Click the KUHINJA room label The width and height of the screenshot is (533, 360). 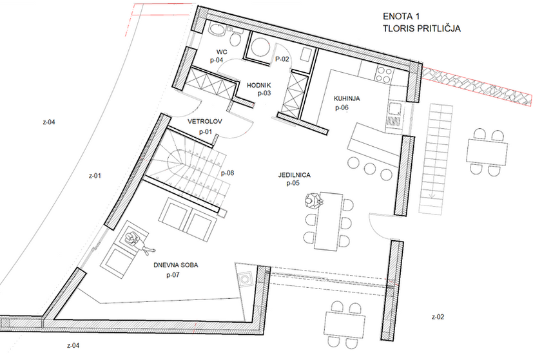click(347, 99)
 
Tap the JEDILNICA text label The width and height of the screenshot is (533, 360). click(295, 175)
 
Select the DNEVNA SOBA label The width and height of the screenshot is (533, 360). click(176, 265)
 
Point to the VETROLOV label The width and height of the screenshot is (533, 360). click(205, 122)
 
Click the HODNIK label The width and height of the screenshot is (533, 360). click(259, 85)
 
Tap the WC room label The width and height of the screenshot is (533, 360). click(222, 52)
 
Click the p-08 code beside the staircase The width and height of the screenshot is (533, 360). click(228, 173)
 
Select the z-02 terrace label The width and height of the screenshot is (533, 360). click(438, 317)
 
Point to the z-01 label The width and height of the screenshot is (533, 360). click(95, 176)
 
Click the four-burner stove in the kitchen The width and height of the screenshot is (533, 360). click(384, 74)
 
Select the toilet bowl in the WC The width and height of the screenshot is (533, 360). click(235, 38)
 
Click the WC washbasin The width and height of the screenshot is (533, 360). click(216, 30)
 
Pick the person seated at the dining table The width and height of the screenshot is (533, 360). click(313, 200)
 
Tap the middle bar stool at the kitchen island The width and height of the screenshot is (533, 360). click(370, 169)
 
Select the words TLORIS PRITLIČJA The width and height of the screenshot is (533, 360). click(422, 28)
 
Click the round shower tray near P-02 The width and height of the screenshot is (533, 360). click(260, 46)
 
